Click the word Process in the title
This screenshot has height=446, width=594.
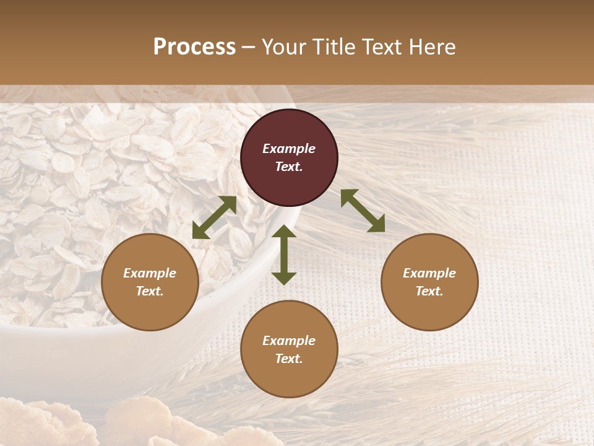(x=194, y=47)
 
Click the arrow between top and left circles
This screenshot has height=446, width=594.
(x=214, y=217)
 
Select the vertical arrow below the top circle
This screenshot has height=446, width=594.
(x=284, y=255)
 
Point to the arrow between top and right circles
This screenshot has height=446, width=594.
(x=363, y=211)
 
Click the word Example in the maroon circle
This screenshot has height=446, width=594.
(x=289, y=149)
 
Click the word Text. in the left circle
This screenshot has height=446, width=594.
(x=150, y=291)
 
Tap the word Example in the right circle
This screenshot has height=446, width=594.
(x=429, y=273)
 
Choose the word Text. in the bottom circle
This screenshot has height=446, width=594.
(x=289, y=359)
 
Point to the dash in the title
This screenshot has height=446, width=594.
(x=249, y=47)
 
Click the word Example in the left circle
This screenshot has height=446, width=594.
(x=150, y=273)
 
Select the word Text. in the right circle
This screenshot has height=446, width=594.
(x=429, y=291)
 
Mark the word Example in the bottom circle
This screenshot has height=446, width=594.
(x=289, y=341)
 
